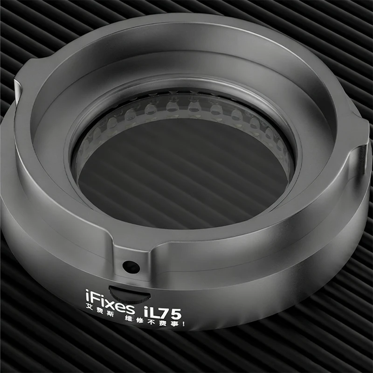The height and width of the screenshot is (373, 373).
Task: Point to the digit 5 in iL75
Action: (176, 314)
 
